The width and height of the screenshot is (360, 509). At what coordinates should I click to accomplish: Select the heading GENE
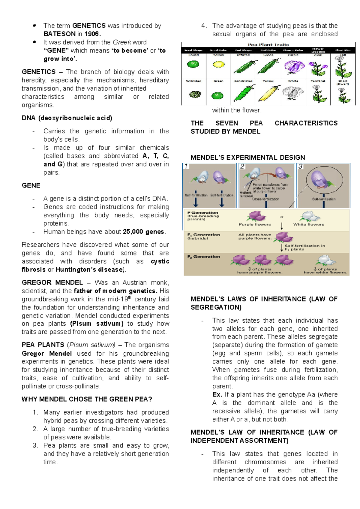[31, 185]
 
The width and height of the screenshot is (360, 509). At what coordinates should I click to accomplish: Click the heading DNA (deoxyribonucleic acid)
[67, 118]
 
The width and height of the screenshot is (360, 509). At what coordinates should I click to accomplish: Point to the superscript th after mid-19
[130, 297]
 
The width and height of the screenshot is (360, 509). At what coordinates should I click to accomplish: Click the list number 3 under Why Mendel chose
[35, 446]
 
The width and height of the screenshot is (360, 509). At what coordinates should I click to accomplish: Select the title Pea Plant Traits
[268, 44]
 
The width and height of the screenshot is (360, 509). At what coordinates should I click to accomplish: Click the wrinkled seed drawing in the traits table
[193, 95]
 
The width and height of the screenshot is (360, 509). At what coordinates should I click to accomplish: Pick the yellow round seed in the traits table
[218, 64]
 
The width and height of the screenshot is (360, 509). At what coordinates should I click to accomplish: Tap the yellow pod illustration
[269, 93]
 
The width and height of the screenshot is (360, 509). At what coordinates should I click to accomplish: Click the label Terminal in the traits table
[318, 81]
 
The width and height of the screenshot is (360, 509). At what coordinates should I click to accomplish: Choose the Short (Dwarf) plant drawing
[343, 95]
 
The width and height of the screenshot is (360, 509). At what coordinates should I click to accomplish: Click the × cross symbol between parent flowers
[282, 217]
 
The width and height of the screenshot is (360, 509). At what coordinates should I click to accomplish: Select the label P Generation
[203, 212]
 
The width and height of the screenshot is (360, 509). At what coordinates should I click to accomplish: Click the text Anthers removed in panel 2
[246, 194]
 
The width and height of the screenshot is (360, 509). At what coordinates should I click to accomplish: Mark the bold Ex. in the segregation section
[217, 395]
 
